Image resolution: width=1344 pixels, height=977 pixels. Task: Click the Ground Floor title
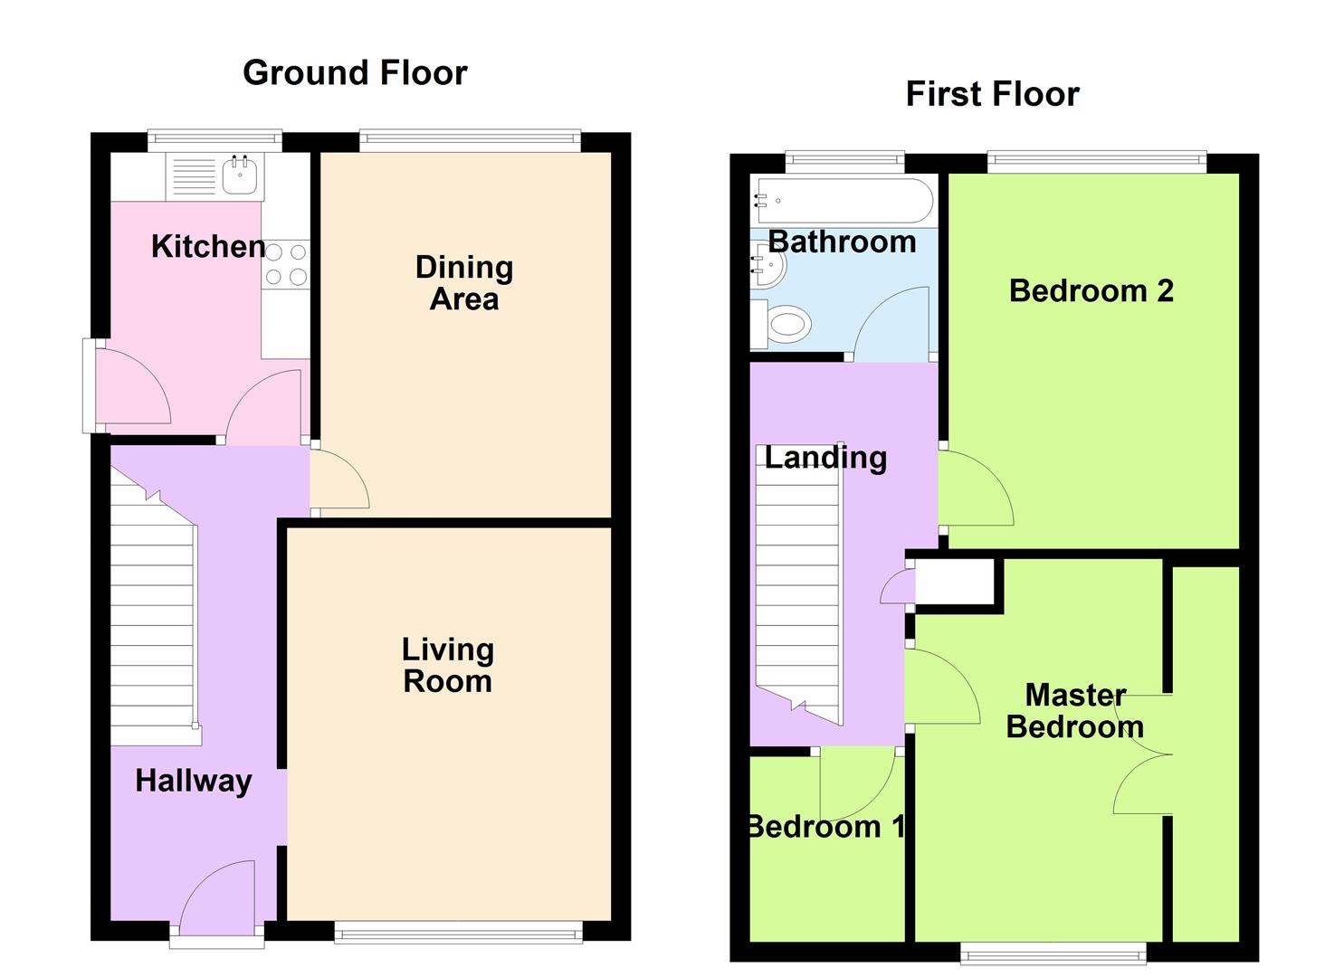pos(355,72)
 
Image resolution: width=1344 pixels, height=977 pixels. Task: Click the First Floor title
pos(992,94)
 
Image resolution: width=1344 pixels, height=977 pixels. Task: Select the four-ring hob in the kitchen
pos(286,264)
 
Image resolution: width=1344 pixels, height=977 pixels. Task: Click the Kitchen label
pos(208,246)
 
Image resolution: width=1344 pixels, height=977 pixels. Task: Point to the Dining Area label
pos(463,283)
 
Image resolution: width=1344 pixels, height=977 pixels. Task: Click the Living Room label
pos(448,665)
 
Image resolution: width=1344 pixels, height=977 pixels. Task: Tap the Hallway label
pos(193,781)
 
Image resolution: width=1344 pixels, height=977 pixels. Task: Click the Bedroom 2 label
pos(1091,291)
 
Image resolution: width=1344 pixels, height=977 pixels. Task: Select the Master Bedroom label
pos(1074,711)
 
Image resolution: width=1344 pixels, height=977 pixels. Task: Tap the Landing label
pos(825,458)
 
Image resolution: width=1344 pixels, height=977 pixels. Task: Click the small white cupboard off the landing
pos(955,582)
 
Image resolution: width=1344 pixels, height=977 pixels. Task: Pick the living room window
pos(458,933)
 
